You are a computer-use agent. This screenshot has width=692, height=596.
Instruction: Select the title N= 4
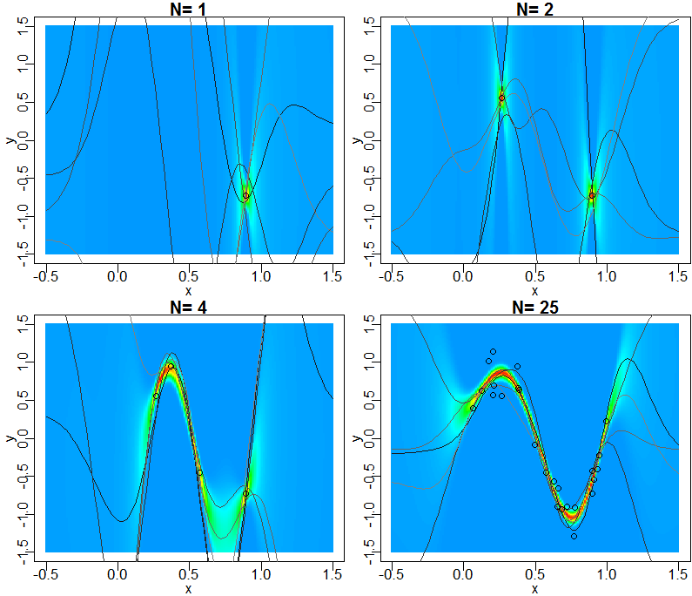point(188,307)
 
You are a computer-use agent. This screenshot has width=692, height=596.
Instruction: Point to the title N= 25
point(534,307)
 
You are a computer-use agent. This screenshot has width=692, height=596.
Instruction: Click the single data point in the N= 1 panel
point(245,196)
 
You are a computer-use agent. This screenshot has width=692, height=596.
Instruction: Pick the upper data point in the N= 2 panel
point(501,98)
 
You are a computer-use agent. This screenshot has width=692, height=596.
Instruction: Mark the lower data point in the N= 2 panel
point(592,196)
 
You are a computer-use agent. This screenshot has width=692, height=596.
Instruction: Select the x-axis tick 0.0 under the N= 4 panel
point(117,573)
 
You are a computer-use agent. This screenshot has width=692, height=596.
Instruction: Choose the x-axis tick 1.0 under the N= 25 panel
point(606,573)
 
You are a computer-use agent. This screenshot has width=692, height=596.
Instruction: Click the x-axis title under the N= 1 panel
point(188,289)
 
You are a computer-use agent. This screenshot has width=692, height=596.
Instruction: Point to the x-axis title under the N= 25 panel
point(534,588)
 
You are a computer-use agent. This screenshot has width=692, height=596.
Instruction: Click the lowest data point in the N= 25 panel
point(574,536)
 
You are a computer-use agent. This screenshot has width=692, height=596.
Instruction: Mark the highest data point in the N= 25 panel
point(493,352)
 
